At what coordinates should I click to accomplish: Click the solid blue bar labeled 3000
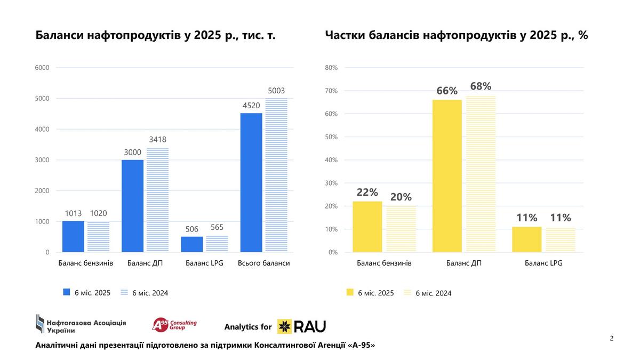coord(132,206)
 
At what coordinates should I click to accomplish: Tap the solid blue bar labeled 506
coord(192,244)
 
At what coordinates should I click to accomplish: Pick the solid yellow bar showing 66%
coord(447,176)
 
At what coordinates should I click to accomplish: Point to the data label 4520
coord(251,106)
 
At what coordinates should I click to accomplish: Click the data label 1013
coord(73,213)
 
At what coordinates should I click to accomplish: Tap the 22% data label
coord(367,193)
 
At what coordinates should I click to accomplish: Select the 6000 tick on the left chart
coord(42,68)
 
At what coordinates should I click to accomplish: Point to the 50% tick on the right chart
coord(332,137)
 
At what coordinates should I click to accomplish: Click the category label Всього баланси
coord(264,263)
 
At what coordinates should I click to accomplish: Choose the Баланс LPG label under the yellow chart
coord(543,263)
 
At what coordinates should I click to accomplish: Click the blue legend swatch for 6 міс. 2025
coord(67,292)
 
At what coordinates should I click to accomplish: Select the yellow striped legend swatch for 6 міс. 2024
coord(407,292)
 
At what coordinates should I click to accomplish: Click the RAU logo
coord(301,326)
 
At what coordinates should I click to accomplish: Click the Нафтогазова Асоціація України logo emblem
coord(40,324)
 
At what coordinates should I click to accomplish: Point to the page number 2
coord(612,338)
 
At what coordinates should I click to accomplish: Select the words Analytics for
coord(248,327)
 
